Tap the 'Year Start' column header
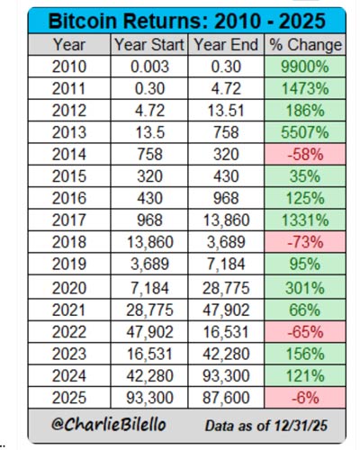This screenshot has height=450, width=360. (149, 44)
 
